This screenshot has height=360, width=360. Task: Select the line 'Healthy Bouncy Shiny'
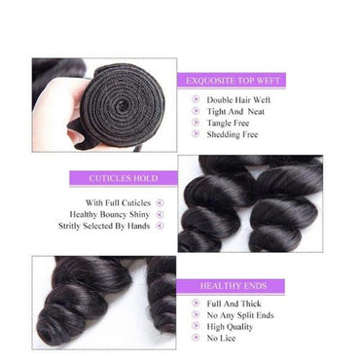(108, 214)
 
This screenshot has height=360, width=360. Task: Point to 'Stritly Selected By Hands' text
(101, 226)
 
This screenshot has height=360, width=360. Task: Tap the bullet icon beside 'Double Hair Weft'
(191, 99)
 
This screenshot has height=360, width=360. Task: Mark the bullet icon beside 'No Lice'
(191, 339)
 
